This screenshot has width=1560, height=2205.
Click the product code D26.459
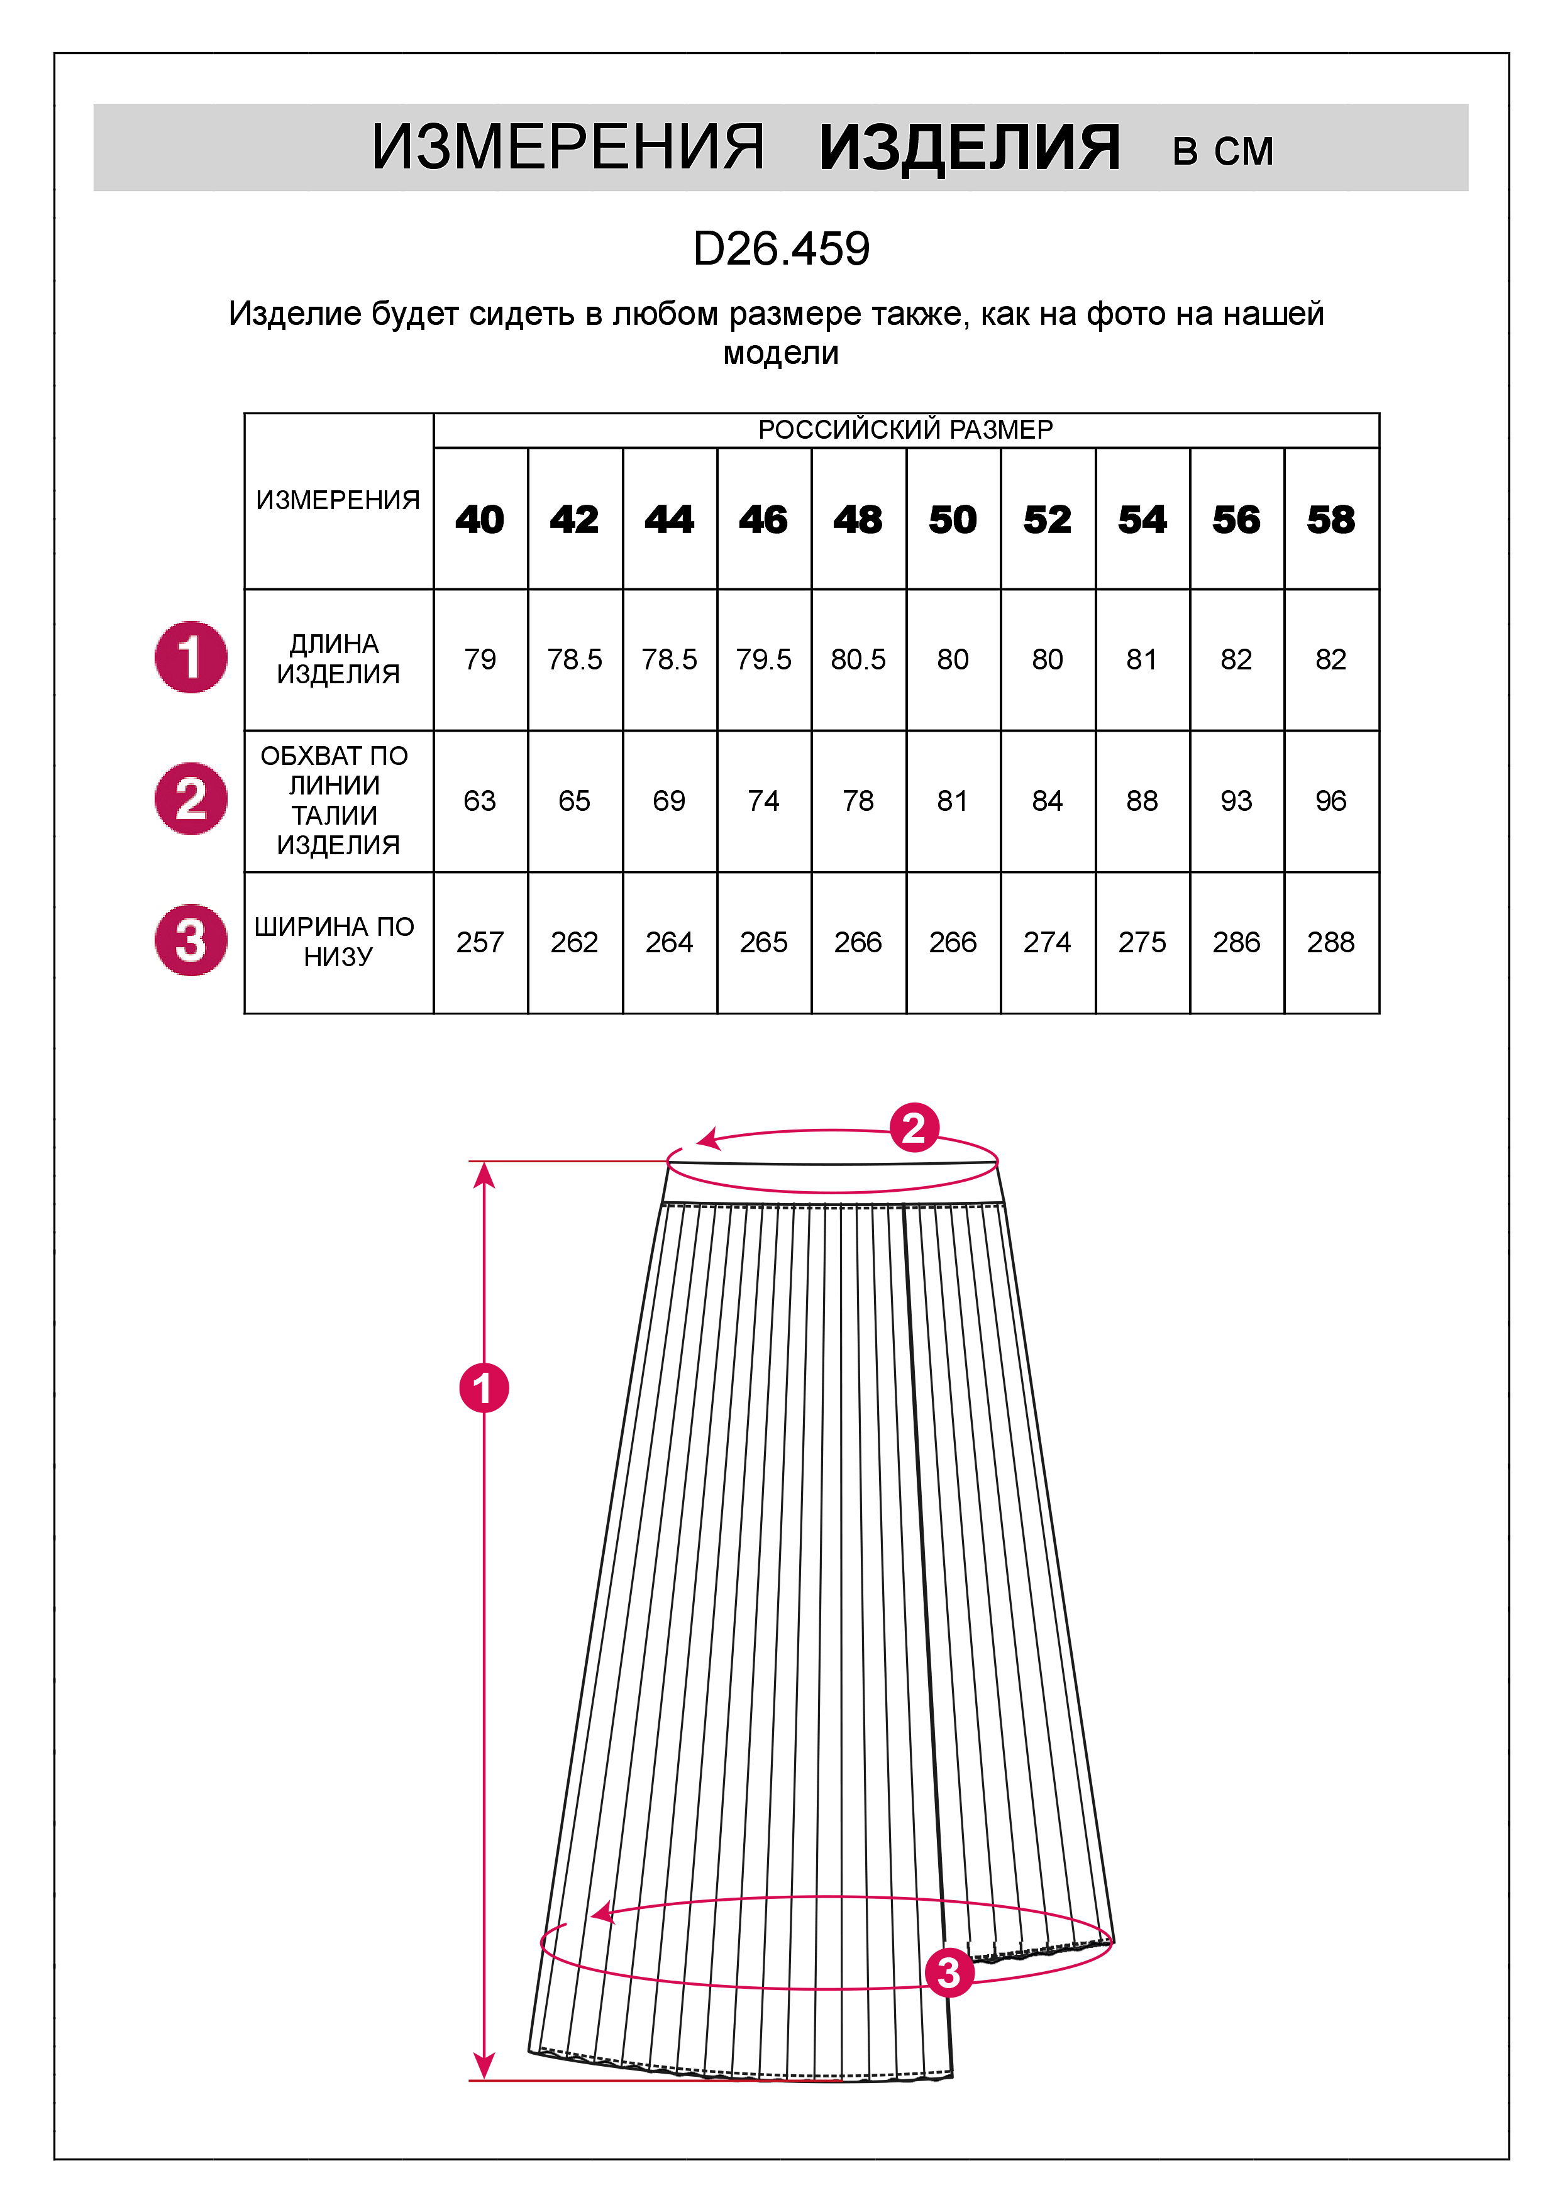coord(781,249)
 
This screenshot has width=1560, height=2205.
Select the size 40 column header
coord(479,520)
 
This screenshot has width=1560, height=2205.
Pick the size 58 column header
coord(1330,520)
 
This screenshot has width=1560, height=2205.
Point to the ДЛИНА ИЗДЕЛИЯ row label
coord(337,659)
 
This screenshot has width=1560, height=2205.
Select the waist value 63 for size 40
coord(479,801)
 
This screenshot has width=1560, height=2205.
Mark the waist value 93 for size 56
coord(1236,801)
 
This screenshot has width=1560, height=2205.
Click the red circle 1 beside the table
coord(191,657)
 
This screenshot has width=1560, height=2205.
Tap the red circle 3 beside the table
coord(191,940)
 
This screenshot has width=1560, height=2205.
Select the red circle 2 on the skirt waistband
coord(914,1128)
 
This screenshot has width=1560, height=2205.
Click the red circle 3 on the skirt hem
coord(949,1972)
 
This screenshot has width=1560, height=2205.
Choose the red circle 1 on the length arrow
coord(483,1388)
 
